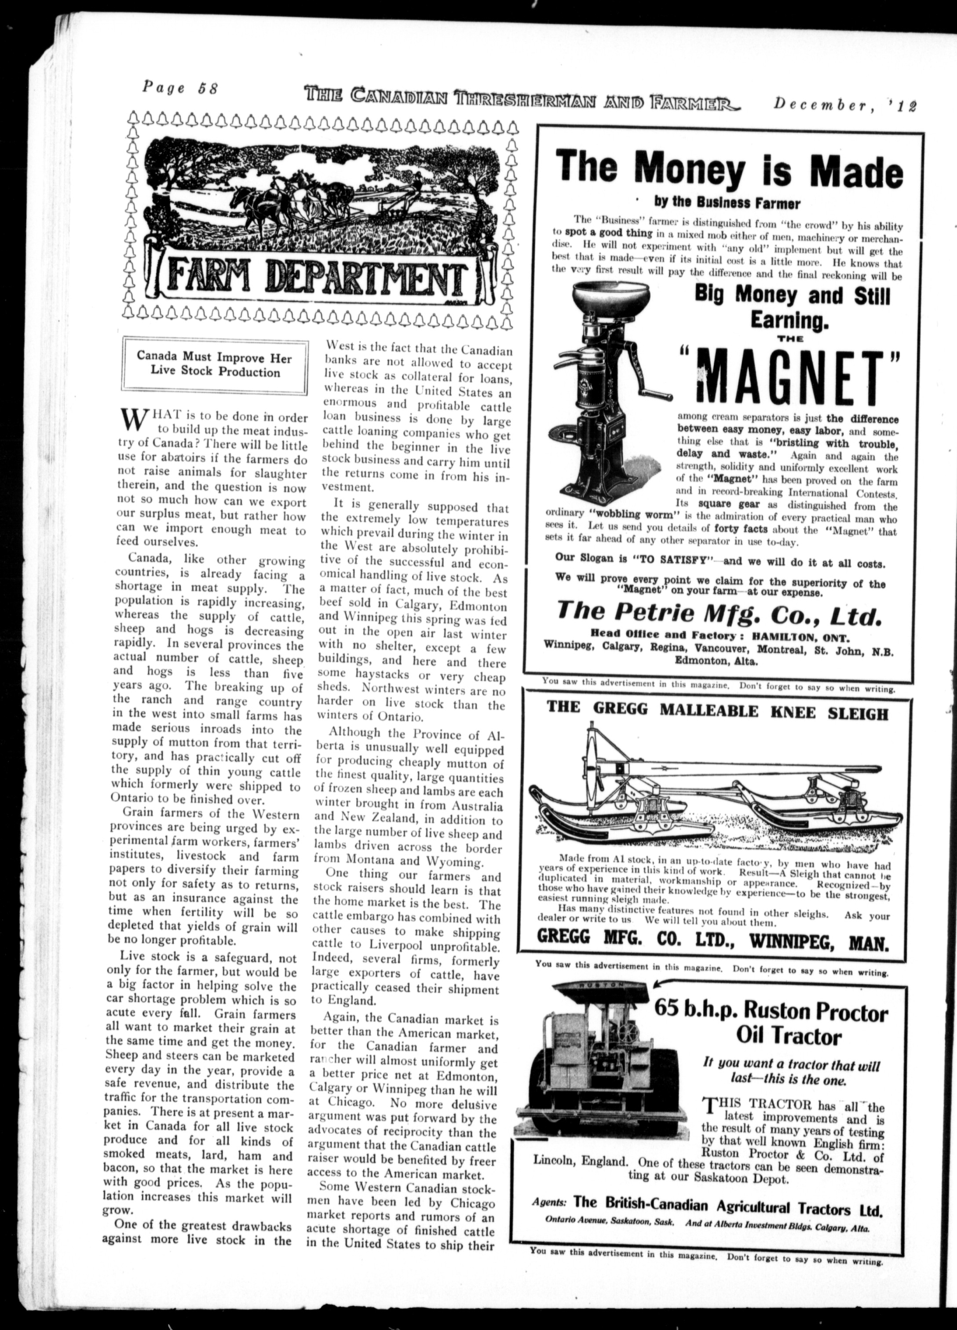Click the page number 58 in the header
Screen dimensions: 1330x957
[208, 88]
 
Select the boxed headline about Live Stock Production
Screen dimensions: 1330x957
[214, 364]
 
